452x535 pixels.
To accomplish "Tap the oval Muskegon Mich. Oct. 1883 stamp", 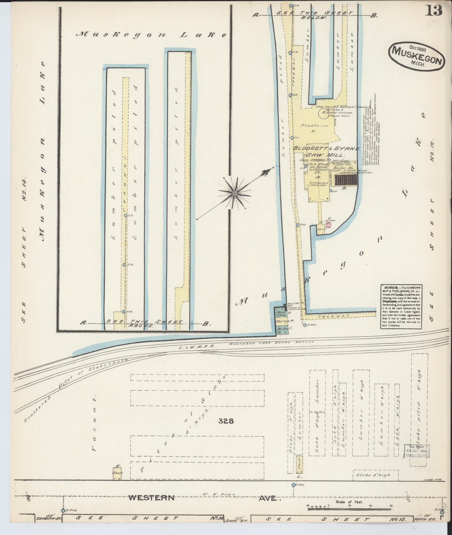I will pos(417,57).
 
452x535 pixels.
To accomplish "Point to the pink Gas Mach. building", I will pos(329,225).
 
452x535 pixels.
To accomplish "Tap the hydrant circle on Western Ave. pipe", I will pos(293,485).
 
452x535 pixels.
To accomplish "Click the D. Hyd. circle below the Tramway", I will pos(305,325).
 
